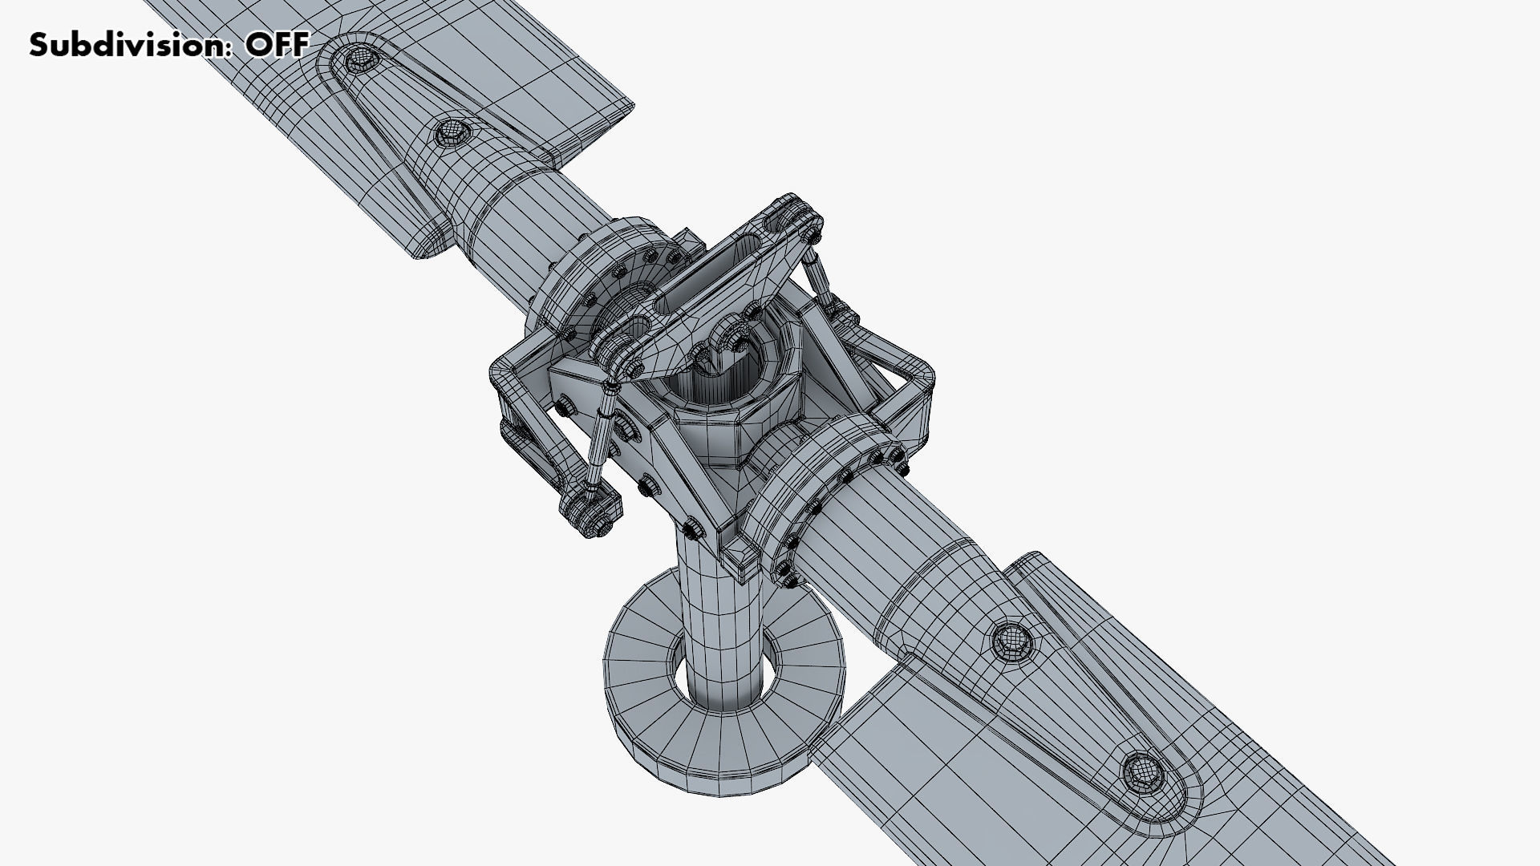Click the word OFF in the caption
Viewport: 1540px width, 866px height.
pos(276,45)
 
